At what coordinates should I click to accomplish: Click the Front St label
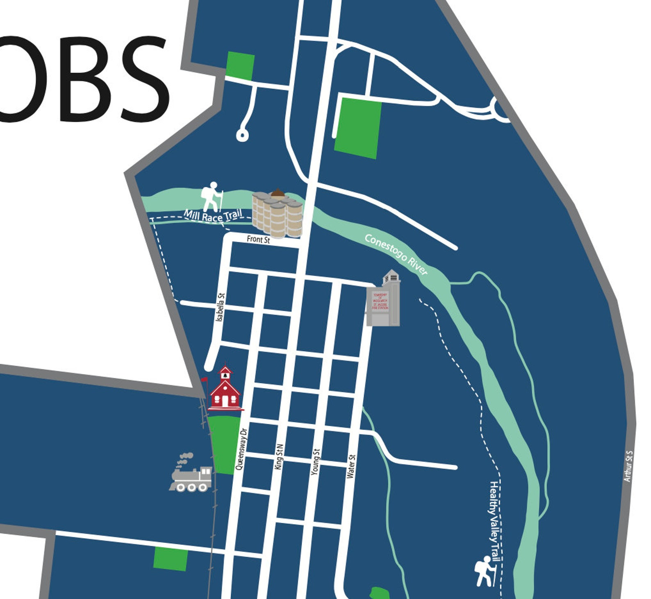coord(258,239)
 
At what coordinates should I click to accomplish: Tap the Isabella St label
coord(221,307)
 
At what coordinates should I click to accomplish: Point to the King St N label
coord(279,457)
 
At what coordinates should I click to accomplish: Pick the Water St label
coord(351,466)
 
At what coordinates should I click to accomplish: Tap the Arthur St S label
coord(628,466)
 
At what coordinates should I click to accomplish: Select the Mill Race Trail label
coord(213,215)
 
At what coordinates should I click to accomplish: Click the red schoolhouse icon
coord(225,391)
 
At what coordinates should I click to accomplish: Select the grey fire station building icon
coord(383,299)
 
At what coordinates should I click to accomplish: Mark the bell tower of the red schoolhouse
coord(225,373)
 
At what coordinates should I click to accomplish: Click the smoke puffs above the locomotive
coord(185,458)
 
